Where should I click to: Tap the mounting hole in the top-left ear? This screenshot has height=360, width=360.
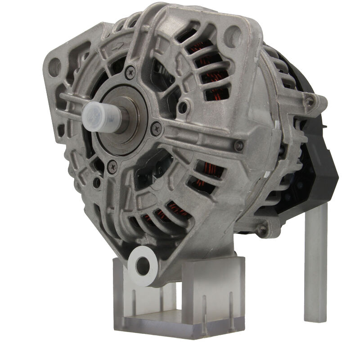click(x=54, y=67)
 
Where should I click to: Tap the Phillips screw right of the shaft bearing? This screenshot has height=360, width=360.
click(x=156, y=128)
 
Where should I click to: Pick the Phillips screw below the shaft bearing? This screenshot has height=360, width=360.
click(x=112, y=166)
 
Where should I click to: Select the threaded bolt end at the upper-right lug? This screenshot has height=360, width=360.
click(x=310, y=101)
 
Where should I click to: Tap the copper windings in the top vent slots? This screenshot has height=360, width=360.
click(x=209, y=63)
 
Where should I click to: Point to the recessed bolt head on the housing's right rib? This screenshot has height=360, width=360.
click(x=239, y=145)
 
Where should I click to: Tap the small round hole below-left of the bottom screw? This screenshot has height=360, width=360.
click(x=97, y=183)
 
